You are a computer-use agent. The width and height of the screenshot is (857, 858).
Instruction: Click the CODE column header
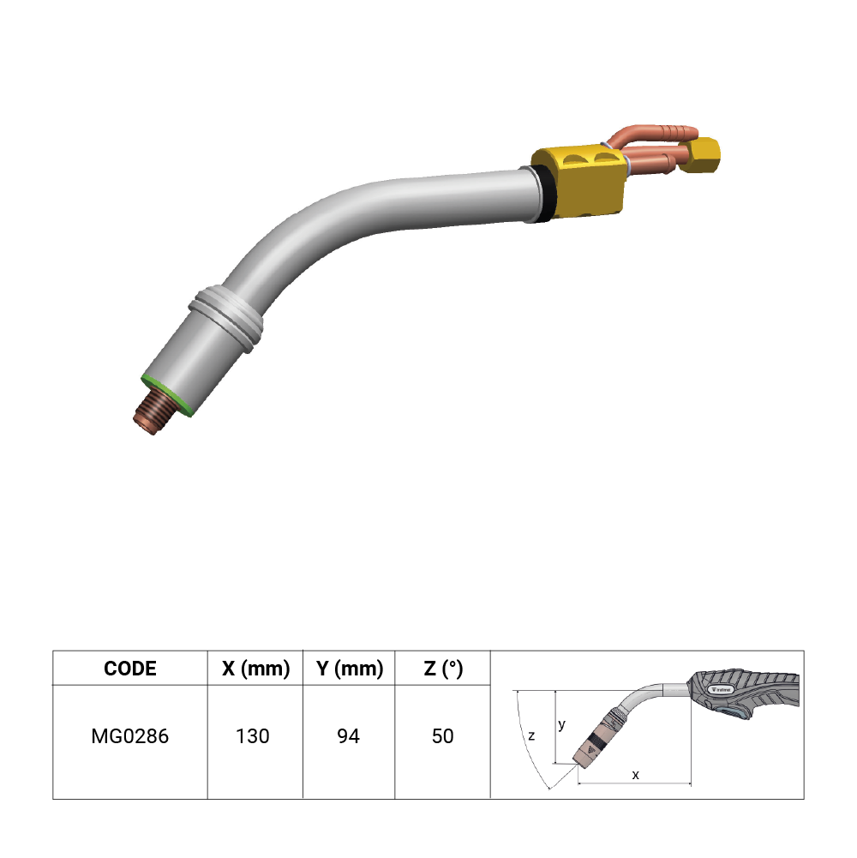tap(130, 668)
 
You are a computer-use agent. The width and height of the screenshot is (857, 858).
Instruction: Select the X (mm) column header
tap(255, 668)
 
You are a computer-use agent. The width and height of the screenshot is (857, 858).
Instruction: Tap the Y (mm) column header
tap(349, 668)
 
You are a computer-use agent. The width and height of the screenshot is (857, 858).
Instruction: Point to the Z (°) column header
tap(443, 668)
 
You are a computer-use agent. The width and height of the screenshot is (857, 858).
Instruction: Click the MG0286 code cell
tap(129, 736)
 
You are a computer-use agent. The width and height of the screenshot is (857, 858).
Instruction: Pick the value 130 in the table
tap(252, 736)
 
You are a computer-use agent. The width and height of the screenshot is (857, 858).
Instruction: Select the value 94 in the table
tap(348, 736)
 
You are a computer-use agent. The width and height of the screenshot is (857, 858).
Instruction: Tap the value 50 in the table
tap(443, 736)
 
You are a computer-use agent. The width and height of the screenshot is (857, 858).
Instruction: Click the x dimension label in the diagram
tap(635, 775)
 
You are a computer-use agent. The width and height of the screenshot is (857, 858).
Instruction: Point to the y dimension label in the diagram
tap(561, 725)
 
